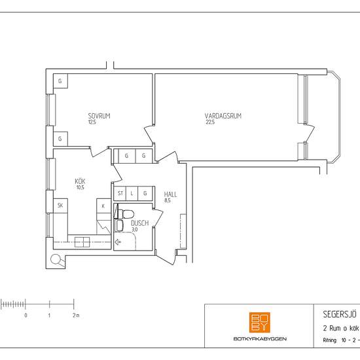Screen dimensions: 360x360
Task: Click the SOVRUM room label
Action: click(99, 116)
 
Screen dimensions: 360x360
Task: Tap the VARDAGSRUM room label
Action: click(223, 116)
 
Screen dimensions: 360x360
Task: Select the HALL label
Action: click(171, 194)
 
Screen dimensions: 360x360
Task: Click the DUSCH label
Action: click(139, 223)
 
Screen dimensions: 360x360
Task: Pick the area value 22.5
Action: click(210, 122)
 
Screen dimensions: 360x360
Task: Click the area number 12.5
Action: click(92, 122)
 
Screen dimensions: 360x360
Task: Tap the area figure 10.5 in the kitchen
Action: click(80, 187)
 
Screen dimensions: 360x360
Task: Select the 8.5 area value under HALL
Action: click(168, 201)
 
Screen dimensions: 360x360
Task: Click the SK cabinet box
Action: click(60, 205)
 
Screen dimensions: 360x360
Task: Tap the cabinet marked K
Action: click(103, 206)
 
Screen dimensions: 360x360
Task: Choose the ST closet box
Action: click(120, 194)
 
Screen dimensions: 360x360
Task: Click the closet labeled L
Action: click(133, 194)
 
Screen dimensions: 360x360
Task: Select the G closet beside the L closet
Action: click(145, 194)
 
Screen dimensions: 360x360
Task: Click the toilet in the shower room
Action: click(126, 214)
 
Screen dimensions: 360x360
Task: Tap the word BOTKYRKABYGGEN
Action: click(260, 338)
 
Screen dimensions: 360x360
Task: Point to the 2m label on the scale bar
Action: click(75, 315)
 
